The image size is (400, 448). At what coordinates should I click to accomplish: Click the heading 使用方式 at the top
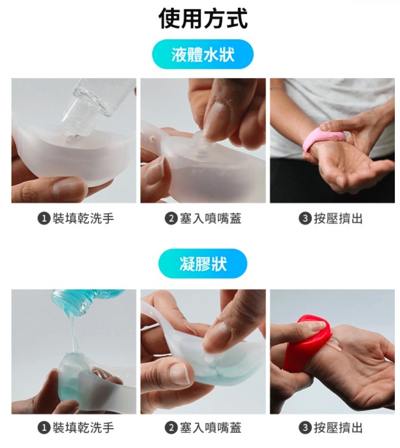203,19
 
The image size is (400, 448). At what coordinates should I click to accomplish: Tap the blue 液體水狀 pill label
203,55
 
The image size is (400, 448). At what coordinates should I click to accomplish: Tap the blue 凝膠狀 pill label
203,264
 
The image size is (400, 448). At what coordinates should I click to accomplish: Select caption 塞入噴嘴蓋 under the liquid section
210,218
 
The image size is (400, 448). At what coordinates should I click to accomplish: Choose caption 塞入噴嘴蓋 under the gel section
210,427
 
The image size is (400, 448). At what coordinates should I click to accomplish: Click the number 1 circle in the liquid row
43,218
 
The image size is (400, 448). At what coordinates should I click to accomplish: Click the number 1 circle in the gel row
43,427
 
